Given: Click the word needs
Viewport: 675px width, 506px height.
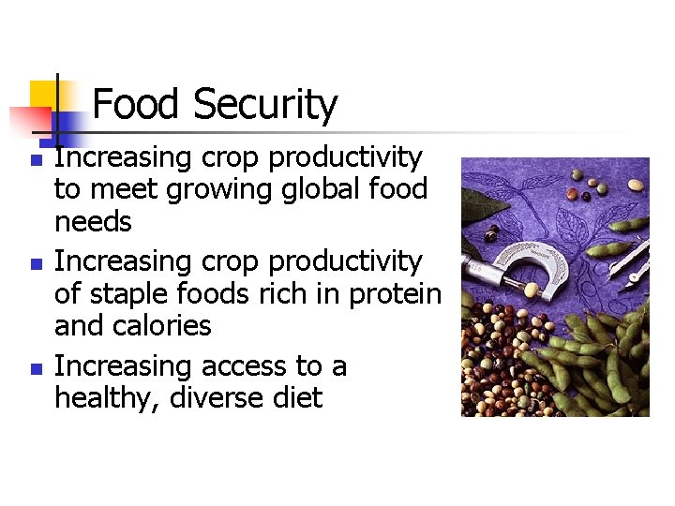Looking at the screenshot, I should [x=93, y=223].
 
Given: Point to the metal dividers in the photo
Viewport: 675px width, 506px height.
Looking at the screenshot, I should [x=628, y=258].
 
